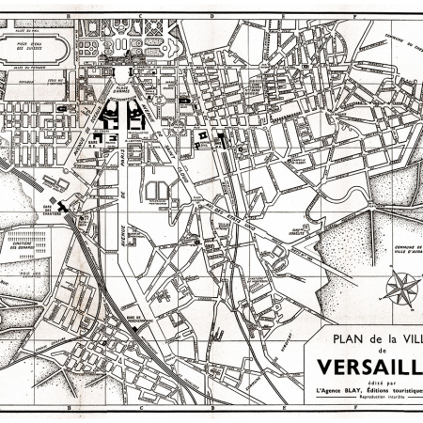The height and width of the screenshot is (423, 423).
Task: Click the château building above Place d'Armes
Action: pyautogui.click(x=123, y=70)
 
